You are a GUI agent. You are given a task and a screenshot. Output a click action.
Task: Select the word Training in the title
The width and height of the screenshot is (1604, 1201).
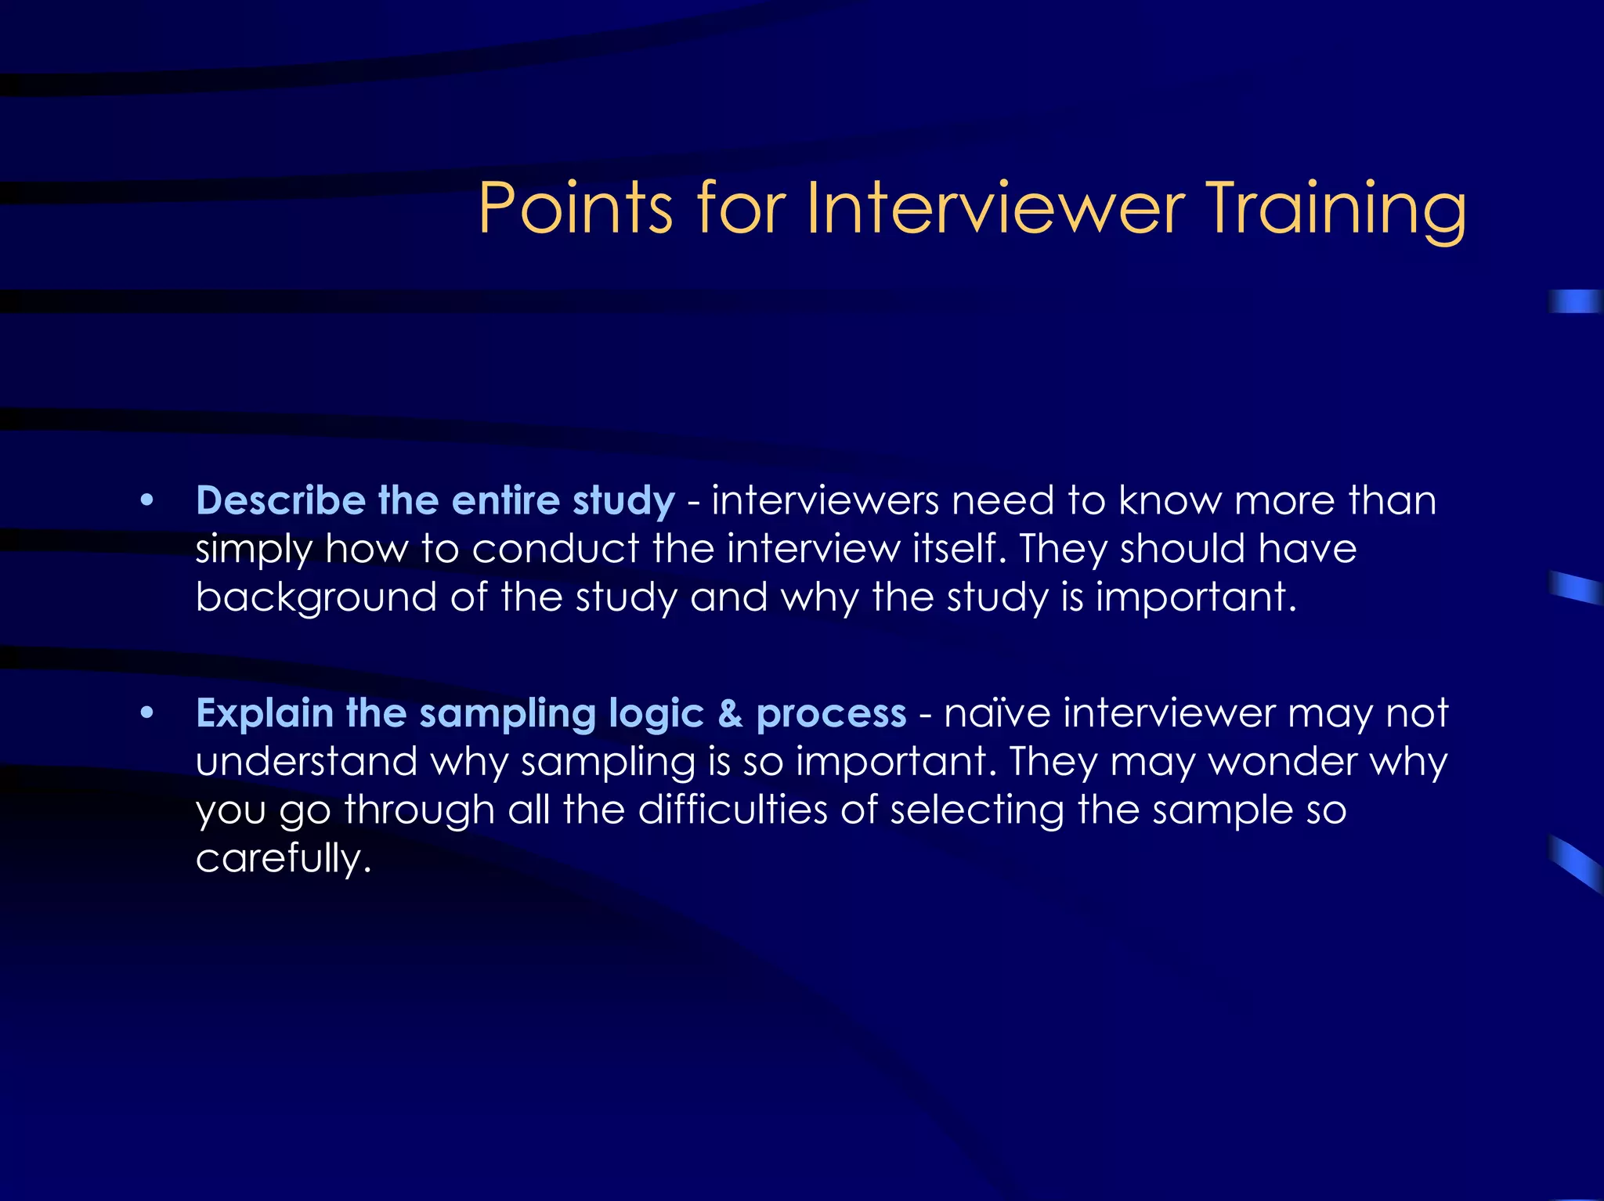[x=1335, y=210]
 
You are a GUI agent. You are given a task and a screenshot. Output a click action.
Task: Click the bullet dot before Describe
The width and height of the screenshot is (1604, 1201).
[x=146, y=501]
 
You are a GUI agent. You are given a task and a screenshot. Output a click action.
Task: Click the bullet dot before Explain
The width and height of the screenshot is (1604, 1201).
[x=146, y=713]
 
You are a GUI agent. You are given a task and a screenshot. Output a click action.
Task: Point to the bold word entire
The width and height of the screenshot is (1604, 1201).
[x=506, y=500]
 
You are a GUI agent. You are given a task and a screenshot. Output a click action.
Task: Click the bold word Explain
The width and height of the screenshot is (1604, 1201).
[x=265, y=714]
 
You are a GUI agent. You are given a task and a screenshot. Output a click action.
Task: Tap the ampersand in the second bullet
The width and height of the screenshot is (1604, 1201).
[x=730, y=714]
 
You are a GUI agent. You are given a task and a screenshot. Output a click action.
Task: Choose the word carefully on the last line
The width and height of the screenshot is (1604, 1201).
[x=283, y=859]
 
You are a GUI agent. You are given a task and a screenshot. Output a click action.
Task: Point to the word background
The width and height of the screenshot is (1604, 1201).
[x=316, y=598]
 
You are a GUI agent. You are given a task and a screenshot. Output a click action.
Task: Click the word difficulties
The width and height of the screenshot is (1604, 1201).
[x=732, y=810]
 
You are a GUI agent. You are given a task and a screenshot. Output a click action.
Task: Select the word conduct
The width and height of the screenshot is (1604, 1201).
[x=555, y=549]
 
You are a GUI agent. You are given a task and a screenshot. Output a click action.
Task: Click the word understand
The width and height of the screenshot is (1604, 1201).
[x=306, y=762]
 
